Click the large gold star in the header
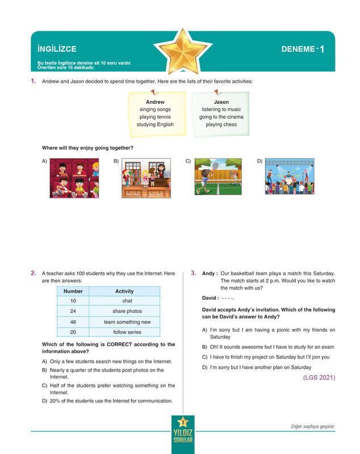[180, 49]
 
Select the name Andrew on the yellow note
[155, 102]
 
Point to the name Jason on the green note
[221, 102]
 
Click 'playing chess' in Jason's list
[221, 124]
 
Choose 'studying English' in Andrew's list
[155, 124]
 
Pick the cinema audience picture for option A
[74, 178]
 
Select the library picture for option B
[146, 178]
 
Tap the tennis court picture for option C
[217, 178]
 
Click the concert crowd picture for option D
[288, 178]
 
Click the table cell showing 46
[73, 322]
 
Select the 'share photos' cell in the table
[127, 312]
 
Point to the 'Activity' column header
[124, 291]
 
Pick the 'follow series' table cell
[127, 332]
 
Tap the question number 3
[194, 273]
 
